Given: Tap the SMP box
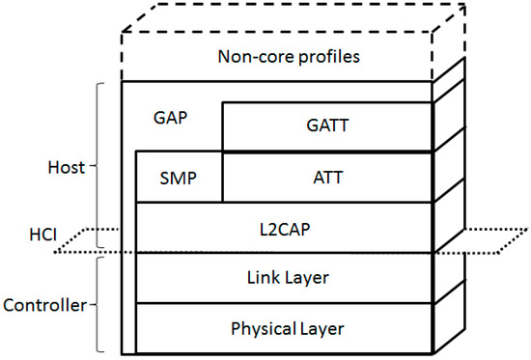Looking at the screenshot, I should [x=179, y=177].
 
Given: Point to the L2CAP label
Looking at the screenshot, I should [x=286, y=228].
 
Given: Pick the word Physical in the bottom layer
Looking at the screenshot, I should [x=262, y=329].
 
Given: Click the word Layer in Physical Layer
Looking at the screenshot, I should [x=322, y=329].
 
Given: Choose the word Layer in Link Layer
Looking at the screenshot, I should [x=309, y=278].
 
